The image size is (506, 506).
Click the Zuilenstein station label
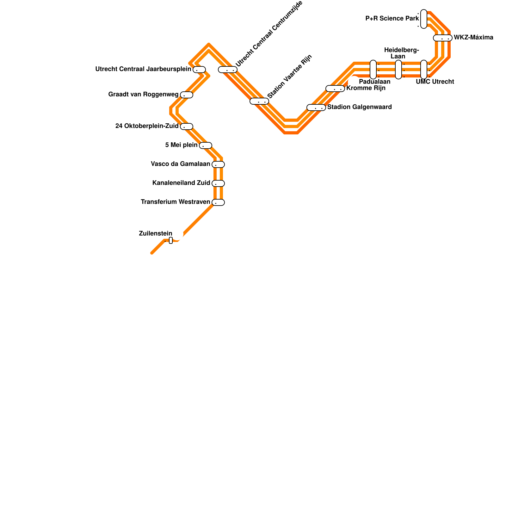click(156, 234)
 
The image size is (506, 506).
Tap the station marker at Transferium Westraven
click(218, 202)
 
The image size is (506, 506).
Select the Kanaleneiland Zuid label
click(181, 183)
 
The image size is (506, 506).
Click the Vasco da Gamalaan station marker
click(218, 164)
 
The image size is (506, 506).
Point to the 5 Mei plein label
click(181, 145)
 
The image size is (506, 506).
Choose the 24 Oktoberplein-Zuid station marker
click(187, 126)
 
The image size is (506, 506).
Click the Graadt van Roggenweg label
click(143, 95)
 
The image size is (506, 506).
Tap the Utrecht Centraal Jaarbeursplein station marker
click(199, 70)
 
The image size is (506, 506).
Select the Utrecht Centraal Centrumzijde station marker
click(228, 70)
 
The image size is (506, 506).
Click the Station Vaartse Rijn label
click(290, 77)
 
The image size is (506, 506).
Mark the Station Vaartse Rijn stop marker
click(259, 101)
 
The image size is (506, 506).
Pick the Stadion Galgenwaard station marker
click(316, 108)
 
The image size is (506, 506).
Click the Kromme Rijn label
click(366, 88)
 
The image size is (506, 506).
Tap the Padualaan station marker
click(373, 70)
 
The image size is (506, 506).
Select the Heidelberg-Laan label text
click(401, 53)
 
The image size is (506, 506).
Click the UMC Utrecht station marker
click(424, 70)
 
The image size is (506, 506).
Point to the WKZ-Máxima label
click(473, 38)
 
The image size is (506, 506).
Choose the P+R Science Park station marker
click(424, 19)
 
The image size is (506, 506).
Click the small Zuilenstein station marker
click(171, 240)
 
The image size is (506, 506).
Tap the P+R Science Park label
click(392, 19)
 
